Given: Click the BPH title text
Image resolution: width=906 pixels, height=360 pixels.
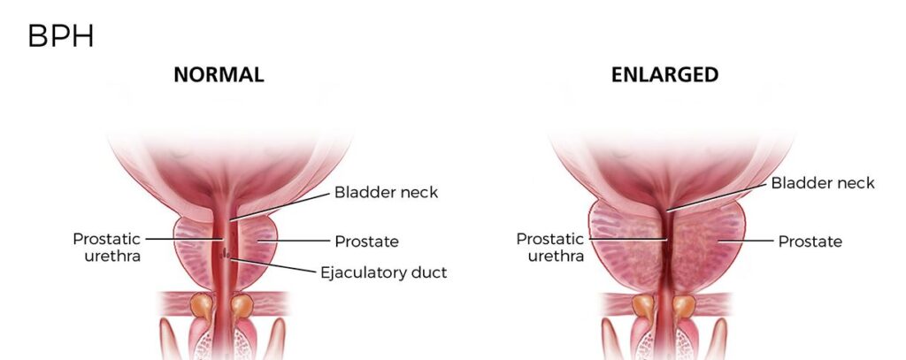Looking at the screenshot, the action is coord(60,37).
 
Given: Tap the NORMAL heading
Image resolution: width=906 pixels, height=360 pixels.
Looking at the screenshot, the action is coord(219,74).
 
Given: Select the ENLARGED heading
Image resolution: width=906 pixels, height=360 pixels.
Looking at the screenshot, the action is coord(665,74).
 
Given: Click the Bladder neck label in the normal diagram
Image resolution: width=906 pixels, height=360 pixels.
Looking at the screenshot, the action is coord(386,192).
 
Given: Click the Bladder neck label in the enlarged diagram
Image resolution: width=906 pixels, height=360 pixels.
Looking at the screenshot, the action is coord(823,183).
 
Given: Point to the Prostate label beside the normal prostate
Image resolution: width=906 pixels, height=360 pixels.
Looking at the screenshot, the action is coord(367,241).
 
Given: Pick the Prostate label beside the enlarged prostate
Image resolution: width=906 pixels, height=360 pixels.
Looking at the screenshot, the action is coord(810,241).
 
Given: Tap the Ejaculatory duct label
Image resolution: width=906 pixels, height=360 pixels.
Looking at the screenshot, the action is coord(384,272).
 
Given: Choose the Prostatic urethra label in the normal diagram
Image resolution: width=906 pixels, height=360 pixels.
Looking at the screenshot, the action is coord(107,248).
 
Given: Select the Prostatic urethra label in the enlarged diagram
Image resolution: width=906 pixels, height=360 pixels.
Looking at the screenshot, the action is coord(550,248).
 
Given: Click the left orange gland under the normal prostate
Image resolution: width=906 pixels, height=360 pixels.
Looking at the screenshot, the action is coord(202,306).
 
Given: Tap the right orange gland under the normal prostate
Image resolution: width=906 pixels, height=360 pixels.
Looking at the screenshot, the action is coord(242,306).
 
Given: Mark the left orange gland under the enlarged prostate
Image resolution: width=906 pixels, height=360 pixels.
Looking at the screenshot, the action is coord(643,306).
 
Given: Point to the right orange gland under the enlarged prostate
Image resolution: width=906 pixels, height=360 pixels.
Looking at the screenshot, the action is coord(684,306).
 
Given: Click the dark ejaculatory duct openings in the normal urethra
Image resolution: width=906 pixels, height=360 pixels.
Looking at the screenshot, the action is coord(226,253).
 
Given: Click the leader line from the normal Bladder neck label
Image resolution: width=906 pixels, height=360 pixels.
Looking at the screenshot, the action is coord(280,206).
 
